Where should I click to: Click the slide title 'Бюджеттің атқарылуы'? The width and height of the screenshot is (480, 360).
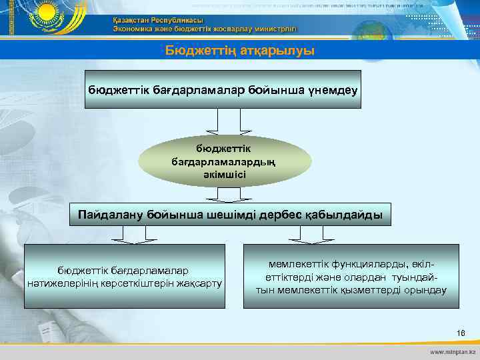(240, 51)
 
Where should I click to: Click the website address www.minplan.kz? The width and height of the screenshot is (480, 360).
(453, 351)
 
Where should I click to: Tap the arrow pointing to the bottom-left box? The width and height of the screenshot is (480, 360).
(125, 234)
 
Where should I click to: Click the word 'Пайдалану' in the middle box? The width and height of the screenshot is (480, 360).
(108, 215)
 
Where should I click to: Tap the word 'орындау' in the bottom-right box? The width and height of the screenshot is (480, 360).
(423, 290)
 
